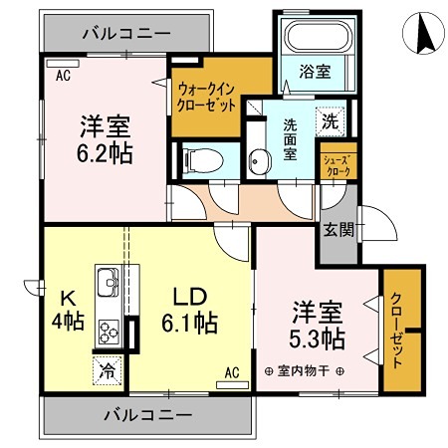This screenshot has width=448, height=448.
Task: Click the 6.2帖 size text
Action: tap(106, 154)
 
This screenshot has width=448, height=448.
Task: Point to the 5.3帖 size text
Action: tap(318, 338)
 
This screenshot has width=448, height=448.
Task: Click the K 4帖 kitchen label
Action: tap(67, 311)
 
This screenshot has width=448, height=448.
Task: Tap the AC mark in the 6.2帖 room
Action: tap(63, 75)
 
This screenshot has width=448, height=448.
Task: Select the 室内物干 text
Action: tap(306, 371)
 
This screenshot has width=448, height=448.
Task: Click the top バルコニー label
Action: tap(125, 34)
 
